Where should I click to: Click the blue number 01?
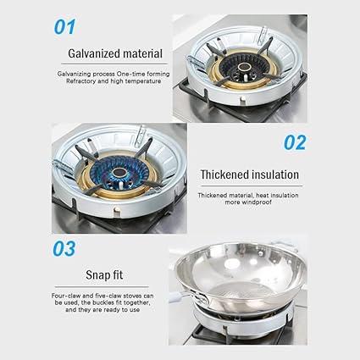pyautogui.click(x=65, y=26)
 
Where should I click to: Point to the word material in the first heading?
pyautogui.click(x=141, y=53)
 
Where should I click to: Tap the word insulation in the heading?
pyautogui.click(x=275, y=174)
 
